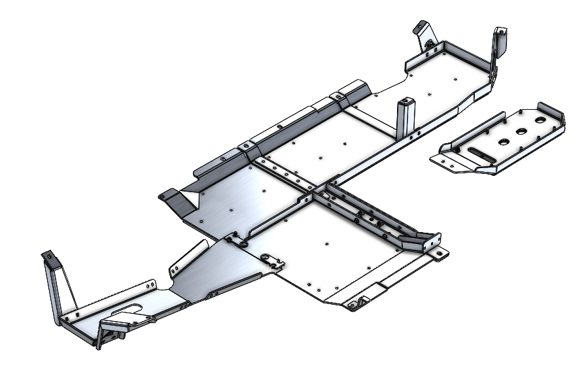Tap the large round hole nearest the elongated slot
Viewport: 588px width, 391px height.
click(x=505, y=141)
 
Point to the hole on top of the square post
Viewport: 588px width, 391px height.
click(x=408, y=101)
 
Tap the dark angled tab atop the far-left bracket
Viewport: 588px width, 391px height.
click(x=47, y=255)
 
